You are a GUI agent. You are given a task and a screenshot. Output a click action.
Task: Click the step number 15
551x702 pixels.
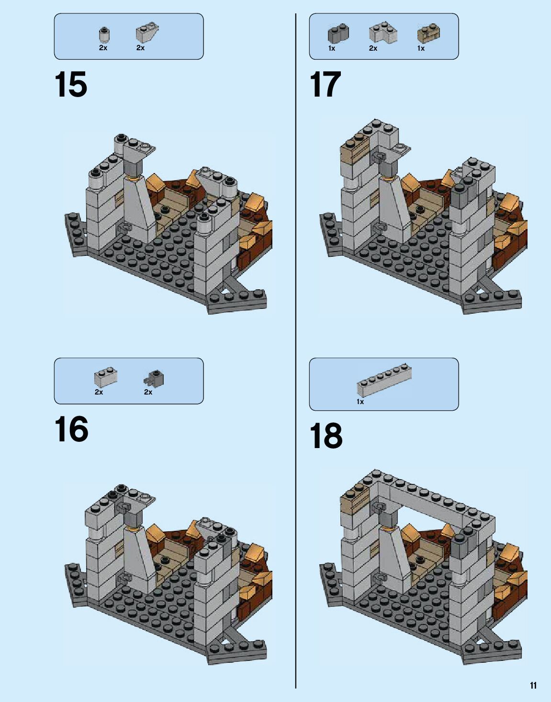(x=71, y=84)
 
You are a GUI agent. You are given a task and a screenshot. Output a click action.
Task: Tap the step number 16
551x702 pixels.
(x=71, y=428)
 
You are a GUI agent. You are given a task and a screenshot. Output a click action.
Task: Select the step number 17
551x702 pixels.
(x=326, y=84)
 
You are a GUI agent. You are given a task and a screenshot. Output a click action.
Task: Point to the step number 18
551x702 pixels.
(x=326, y=436)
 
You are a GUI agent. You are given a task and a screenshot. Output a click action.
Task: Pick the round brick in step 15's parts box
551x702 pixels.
(x=104, y=35)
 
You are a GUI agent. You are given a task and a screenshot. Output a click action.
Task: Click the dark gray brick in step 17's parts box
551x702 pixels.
(x=338, y=34)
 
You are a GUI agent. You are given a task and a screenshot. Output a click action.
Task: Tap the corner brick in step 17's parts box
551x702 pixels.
(x=383, y=33)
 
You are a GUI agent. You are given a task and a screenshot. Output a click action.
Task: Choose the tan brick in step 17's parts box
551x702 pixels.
(x=429, y=33)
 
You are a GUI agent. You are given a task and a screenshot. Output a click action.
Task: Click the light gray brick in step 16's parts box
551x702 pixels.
(x=106, y=377)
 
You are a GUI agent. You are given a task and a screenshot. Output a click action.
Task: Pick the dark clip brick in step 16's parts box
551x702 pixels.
(x=154, y=378)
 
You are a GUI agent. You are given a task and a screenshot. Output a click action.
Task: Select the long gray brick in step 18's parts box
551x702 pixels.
(x=384, y=380)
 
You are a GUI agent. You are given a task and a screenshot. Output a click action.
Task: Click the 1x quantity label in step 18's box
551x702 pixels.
(x=360, y=402)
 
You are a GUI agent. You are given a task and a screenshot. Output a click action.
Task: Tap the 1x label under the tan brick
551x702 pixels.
(x=421, y=48)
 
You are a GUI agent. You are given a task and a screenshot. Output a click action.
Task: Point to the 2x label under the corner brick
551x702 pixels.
(x=373, y=48)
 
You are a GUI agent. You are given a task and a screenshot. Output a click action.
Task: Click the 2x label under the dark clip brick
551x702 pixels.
(x=148, y=392)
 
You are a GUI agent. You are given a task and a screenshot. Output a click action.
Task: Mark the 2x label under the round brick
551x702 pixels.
(x=103, y=48)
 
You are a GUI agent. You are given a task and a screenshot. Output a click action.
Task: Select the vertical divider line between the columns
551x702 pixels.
(x=295, y=351)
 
